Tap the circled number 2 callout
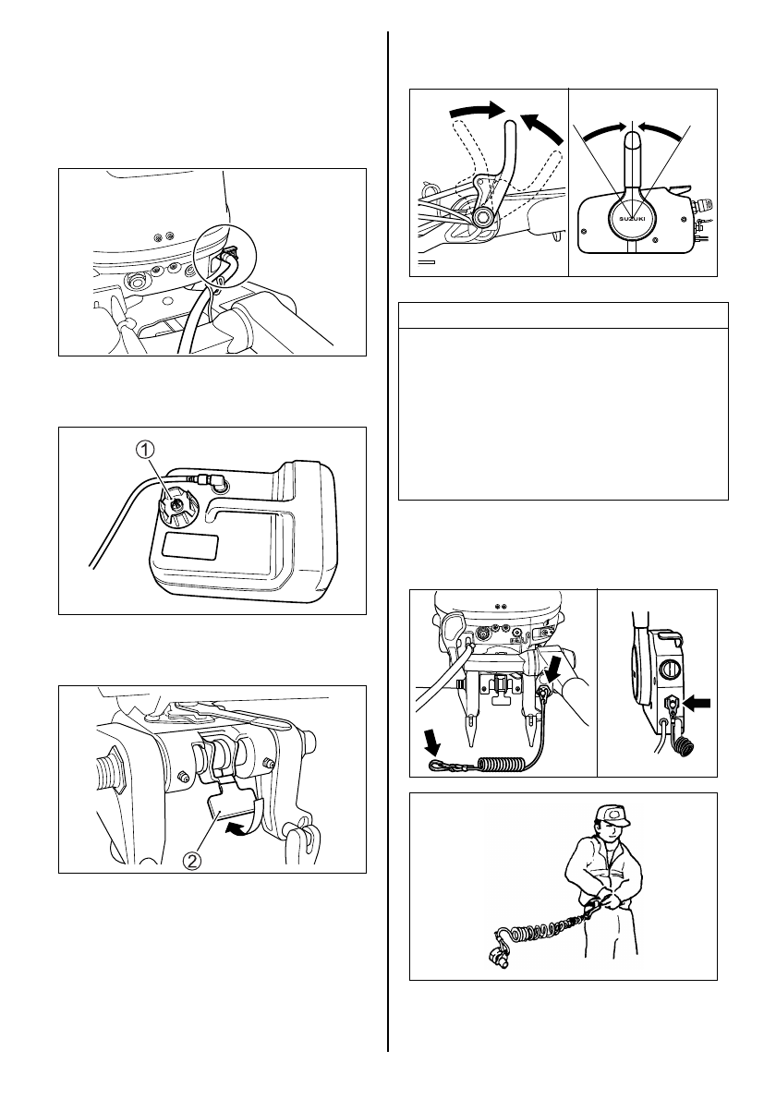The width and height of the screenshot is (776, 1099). [x=192, y=859]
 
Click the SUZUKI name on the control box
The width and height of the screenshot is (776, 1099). [x=633, y=218]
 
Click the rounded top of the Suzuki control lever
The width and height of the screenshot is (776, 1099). [x=633, y=140]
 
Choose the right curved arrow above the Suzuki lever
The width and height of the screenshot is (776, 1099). [x=662, y=132]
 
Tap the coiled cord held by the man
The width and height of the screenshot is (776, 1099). [x=547, y=925]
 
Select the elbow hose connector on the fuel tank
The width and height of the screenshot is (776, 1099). [x=216, y=480]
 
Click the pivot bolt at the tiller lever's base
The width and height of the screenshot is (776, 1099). [x=481, y=218]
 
